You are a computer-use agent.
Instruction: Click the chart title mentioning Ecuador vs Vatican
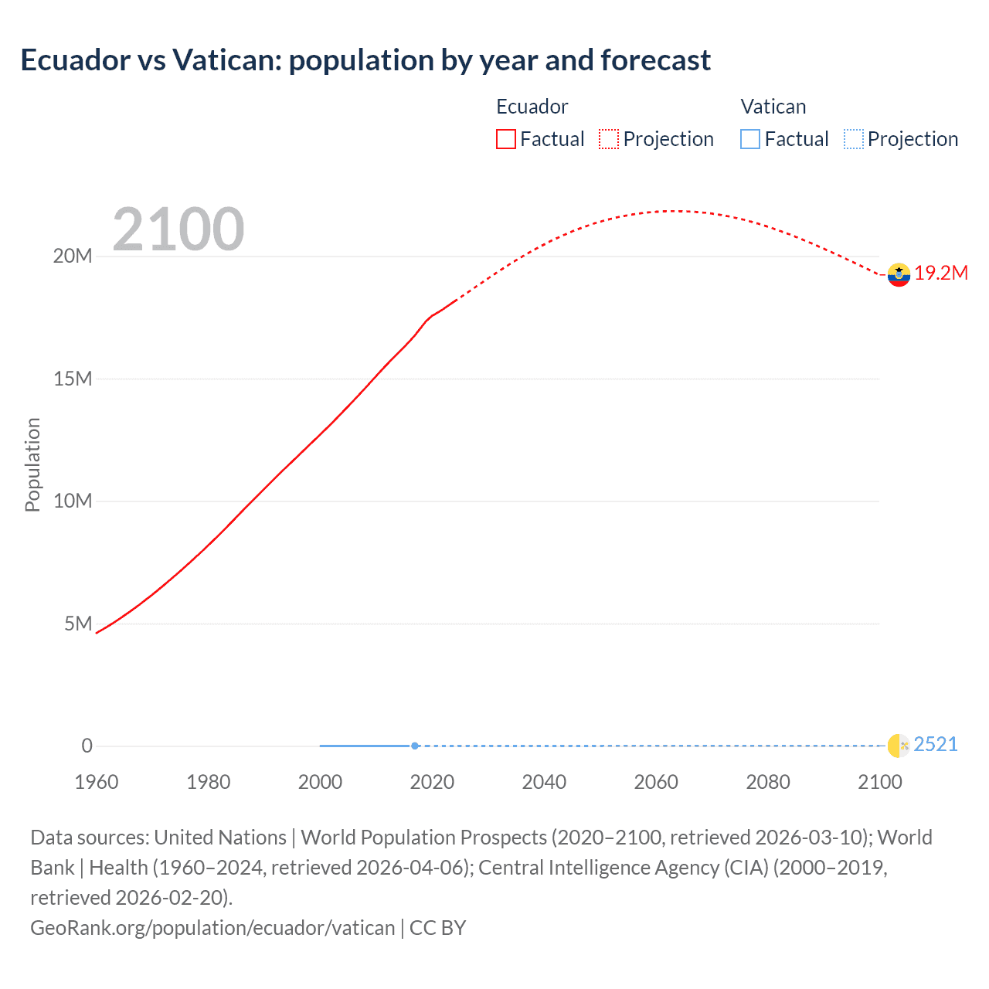[x=365, y=60]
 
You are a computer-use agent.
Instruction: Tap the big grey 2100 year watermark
[x=178, y=229]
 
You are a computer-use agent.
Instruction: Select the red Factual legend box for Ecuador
[x=506, y=139]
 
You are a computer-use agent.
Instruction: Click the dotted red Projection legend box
[x=609, y=139]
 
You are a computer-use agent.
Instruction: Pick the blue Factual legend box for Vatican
[x=750, y=139]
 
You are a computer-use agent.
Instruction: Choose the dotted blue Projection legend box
[x=854, y=139]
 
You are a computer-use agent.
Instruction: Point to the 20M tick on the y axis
[x=72, y=257]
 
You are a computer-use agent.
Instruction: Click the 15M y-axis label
[x=72, y=379]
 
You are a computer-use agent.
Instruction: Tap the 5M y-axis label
[x=78, y=624]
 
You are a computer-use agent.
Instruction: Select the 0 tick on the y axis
[x=87, y=746]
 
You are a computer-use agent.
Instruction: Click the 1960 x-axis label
[x=97, y=782]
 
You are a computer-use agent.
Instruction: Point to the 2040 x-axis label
[x=544, y=782]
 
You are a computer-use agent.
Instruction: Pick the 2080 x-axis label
[x=768, y=782]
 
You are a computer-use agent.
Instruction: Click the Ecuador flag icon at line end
[x=899, y=274]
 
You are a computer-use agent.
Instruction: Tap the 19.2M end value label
[x=941, y=274]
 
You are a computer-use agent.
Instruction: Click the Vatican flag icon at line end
[x=899, y=746]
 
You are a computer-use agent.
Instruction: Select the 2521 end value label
[x=936, y=745]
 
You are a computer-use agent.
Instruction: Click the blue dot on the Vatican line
[x=415, y=746]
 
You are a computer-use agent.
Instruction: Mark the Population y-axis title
[x=32, y=464]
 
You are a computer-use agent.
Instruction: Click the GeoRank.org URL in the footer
[x=212, y=927]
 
